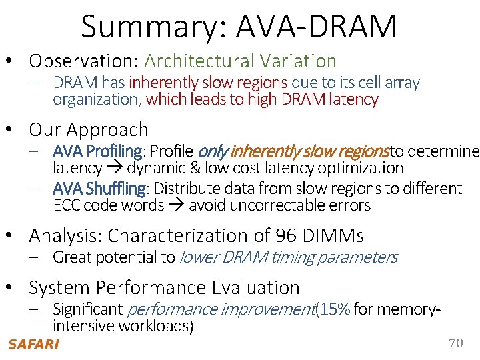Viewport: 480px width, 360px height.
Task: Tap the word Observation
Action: coord(83,61)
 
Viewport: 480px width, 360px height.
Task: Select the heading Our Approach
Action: coord(89,129)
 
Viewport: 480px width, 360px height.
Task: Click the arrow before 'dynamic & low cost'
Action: coord(115,168)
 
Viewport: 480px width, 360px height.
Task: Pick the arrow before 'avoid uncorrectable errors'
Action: coord(177,205)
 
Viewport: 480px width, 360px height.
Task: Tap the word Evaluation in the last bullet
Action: coord(256,288)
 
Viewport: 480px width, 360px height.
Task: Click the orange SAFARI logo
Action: coord(33,345)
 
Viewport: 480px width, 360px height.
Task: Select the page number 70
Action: coord(455,343)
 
